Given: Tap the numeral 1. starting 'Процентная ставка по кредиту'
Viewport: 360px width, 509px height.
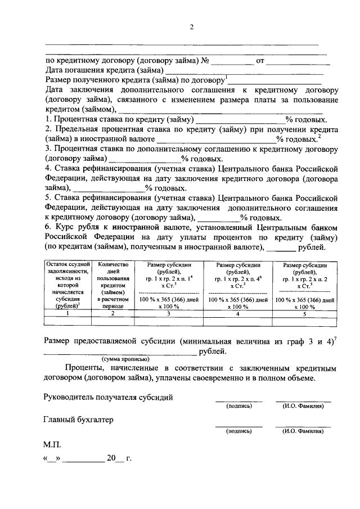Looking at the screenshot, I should [47, 120].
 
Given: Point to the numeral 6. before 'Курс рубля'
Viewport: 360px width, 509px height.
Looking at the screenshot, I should [47, 227].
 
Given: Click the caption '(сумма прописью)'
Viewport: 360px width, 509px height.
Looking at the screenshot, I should [125, 358].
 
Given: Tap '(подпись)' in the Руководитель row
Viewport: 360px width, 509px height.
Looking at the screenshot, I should [238, 406].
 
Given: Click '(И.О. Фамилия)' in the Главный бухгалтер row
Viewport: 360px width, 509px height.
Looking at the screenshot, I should [303, 431].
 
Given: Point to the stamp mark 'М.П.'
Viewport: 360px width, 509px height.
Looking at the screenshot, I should [52, 444].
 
